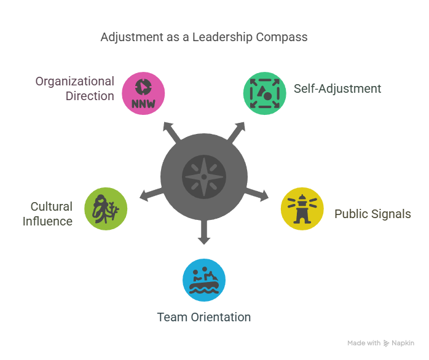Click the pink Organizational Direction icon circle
(x=143, y=93)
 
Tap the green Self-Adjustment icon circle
(x=264, y=93)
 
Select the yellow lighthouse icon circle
(x=302, y=209)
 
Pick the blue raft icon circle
(x=204, y=280)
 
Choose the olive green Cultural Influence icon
(x=106, y=209)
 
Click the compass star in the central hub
(x=204, y=177)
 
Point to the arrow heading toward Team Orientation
(x=204, y=232)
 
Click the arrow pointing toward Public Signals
(x=257, y=194)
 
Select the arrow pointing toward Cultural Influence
(x=151, y=194)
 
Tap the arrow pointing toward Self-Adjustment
(x=237, y=133)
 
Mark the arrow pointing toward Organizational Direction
(x=171, y=133)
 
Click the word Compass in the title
(x=281, y=37)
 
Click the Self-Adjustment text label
(x=337, y=89)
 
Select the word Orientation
(x=221, y=318)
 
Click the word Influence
(x=47, y=221)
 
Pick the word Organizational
(x=75, y=82)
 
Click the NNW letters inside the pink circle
(x=143, y=104)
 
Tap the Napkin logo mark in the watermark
(x=386, y=343)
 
